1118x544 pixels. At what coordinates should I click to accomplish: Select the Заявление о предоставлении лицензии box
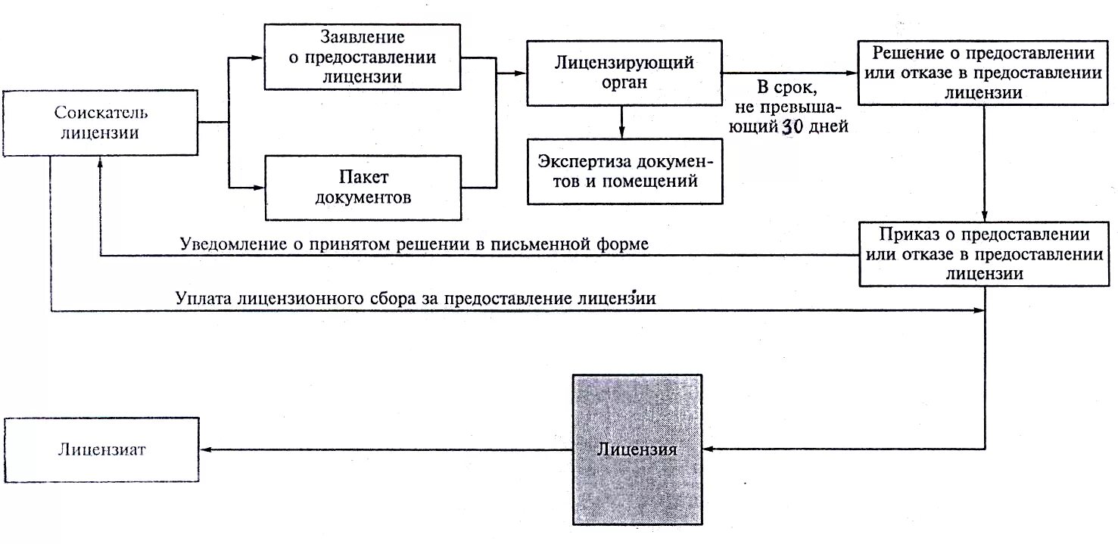[362, 57]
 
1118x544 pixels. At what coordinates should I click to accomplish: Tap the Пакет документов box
[362, 188]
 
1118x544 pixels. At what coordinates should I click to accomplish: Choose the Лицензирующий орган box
[624, 72]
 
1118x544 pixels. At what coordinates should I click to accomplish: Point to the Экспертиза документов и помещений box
[624, 171]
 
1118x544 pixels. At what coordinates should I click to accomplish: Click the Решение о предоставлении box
[983, 73]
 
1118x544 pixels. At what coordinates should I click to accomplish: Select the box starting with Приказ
[983, 253]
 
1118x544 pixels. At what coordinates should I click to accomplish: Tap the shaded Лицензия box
[637, 449]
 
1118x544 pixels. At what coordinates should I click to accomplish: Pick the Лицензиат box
[101, 449]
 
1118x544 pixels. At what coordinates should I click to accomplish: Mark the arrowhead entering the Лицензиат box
[205, 449]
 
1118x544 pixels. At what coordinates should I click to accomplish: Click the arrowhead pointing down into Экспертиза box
[621, 133]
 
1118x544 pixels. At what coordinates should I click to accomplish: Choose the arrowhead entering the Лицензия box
[710, 449]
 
